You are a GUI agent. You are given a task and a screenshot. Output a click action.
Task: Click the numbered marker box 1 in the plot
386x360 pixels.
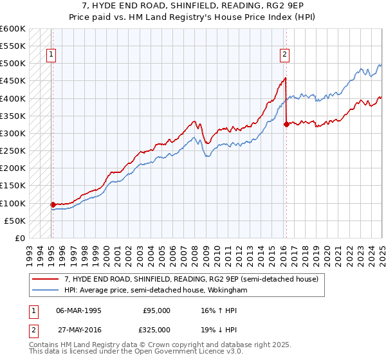[51, 55]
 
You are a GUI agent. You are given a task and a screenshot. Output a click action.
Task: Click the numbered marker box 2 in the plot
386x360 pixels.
[284, 55]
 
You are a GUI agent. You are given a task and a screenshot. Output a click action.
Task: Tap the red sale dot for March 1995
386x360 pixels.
[53, 204]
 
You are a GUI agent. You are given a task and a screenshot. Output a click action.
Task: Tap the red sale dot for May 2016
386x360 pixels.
[286, 125]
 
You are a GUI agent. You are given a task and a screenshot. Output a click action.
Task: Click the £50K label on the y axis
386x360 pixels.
[15, 221]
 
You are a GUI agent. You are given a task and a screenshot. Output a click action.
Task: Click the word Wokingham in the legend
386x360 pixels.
[226, 290]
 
